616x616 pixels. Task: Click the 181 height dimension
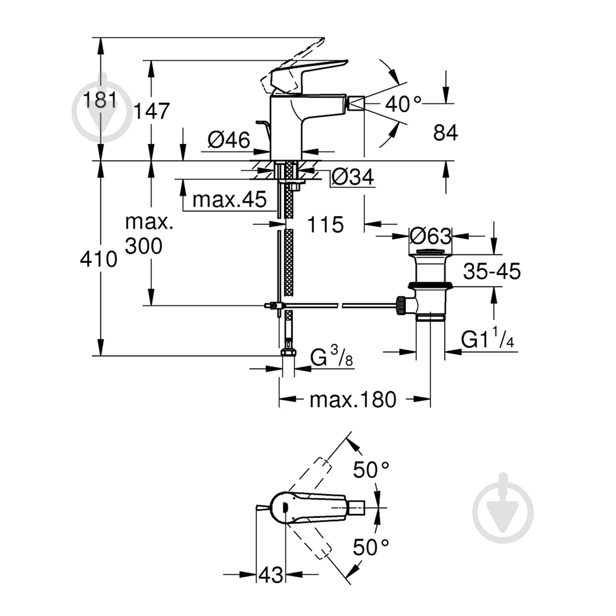[100, 99]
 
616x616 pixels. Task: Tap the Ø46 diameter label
[229, 140]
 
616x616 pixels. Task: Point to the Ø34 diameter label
[353, 177]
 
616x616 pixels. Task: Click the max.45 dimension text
[230, 200]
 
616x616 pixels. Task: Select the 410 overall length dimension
[99, 260]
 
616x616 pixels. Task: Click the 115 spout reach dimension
[325, 225]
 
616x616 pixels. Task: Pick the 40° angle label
[403, 104]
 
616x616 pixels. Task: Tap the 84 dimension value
[445, 133]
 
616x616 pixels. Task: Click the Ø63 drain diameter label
[430, 236]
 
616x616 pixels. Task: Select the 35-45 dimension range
[492, 271]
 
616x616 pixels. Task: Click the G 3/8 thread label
[331, 358]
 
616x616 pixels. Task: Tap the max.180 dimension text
[353, 400]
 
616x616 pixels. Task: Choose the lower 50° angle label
[371, 547]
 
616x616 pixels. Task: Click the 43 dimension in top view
[271, 575]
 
